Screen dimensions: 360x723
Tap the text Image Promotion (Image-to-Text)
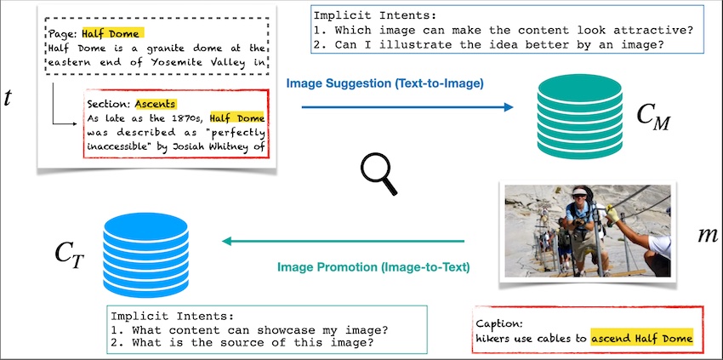click(x=374, y=267)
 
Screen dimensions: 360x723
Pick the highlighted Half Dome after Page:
click(x=111, y=33)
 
